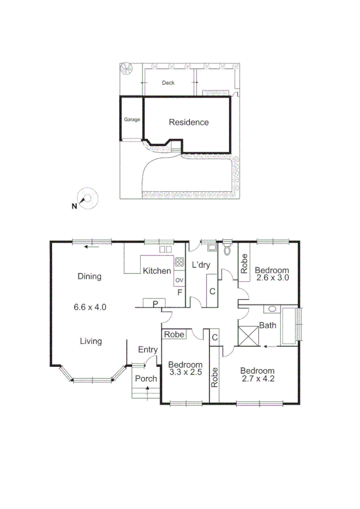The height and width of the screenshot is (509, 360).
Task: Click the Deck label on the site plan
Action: click(168, 83)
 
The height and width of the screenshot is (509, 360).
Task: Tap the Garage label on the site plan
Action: click(132, 119)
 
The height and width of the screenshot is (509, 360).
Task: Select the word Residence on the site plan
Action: click(189, 122)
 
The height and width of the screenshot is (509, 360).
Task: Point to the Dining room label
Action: click(89, 276)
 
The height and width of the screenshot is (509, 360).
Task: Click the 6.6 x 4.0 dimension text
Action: click(90, 307)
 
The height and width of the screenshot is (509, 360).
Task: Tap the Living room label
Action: click(91, 341)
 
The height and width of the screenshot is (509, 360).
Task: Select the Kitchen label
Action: click(157, 271)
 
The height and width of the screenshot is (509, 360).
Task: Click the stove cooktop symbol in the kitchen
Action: click(179, 261)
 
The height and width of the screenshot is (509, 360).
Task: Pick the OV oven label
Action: click(179, 280)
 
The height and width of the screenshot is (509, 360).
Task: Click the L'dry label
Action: click(199, 265)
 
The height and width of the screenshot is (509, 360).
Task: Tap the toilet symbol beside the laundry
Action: click(226, 251)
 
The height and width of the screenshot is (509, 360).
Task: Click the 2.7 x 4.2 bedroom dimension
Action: click(258, 379)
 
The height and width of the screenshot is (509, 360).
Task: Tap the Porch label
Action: click(146, 378)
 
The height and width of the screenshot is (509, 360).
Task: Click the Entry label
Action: click(148, 350)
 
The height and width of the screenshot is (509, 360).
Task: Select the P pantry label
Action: click(155, 304)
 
